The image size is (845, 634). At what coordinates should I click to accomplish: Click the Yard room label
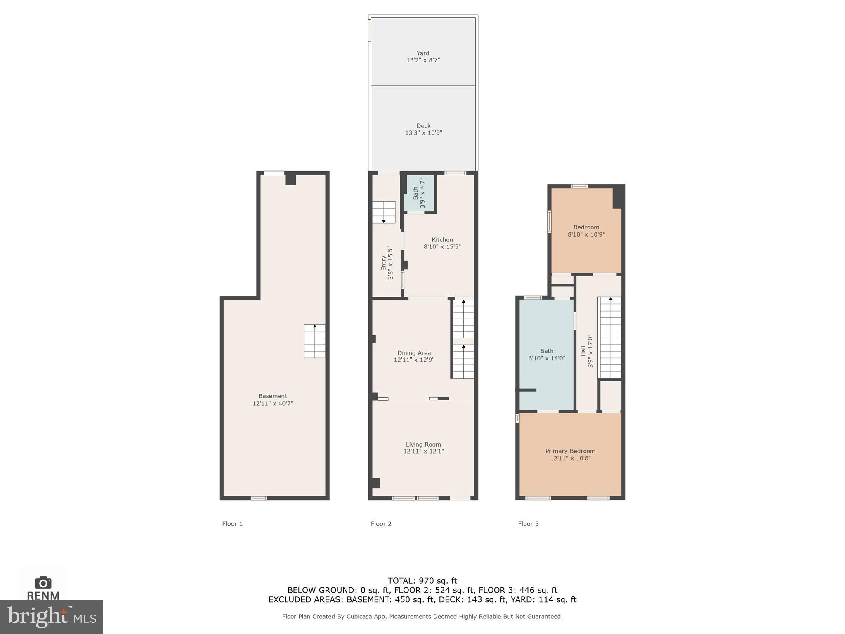422,53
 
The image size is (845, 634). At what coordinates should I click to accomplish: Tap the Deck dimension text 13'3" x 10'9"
423,133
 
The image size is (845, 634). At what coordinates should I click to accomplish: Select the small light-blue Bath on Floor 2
419,193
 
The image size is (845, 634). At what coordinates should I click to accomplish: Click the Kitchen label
442,240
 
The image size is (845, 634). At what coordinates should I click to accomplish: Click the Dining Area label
414,353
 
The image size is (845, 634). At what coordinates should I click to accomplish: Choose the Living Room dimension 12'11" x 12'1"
423,452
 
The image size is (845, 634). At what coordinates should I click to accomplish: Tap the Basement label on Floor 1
272,396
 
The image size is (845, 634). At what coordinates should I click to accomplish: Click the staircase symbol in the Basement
314,341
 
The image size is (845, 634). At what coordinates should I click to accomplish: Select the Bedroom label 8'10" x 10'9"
586,231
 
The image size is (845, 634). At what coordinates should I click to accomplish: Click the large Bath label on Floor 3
547,351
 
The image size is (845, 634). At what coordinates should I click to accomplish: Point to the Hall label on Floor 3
583,351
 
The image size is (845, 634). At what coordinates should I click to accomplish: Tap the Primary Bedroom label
570,451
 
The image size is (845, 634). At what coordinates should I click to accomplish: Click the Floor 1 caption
232,524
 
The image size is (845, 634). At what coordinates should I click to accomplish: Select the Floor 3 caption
528,524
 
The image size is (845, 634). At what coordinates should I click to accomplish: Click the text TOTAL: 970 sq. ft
422,581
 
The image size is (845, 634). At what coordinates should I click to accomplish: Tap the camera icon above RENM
43,582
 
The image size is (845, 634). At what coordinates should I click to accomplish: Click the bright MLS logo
51,617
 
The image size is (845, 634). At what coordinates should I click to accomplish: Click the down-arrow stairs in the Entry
384,212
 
